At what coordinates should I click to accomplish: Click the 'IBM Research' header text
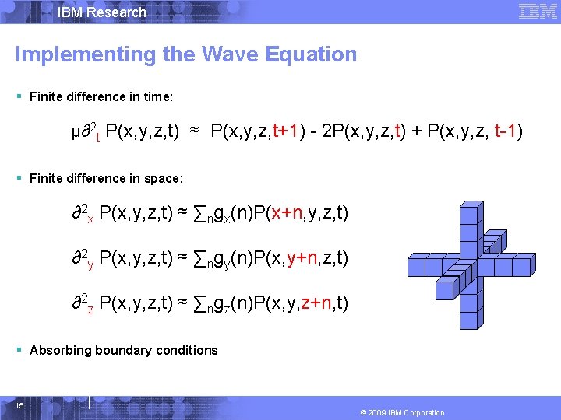101,12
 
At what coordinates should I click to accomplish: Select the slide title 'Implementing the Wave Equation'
185,54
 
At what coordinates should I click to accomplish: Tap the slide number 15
19,404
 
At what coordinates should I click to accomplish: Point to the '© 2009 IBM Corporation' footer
402,412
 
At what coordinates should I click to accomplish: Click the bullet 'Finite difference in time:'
101,96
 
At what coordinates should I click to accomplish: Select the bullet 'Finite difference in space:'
106,178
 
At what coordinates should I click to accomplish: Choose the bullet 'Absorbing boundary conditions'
123,350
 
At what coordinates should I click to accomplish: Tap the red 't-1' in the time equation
508,131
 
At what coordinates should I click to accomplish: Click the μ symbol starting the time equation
76,131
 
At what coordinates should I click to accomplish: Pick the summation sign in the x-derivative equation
198,213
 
